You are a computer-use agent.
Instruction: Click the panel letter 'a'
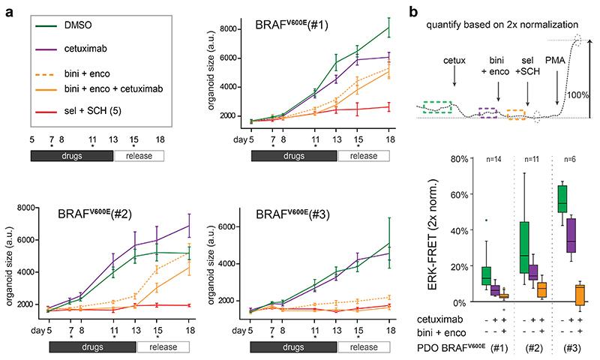(8, 9)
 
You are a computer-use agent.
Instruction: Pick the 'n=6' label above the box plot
(570, 159)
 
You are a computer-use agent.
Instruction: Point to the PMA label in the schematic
(559, 71)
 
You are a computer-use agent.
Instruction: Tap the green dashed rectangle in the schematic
(436, 107)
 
